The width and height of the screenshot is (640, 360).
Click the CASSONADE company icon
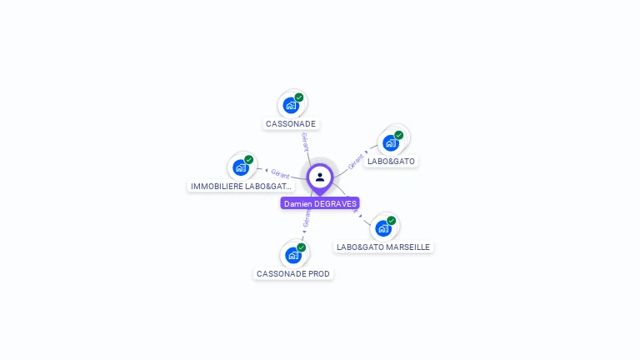[291, 106]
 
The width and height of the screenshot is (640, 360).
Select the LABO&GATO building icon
[390, 142]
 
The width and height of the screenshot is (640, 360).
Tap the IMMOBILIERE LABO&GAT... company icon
[241, 167]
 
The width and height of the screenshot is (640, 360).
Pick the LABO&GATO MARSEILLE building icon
[382, 228]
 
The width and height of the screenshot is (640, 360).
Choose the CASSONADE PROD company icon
[292, 255]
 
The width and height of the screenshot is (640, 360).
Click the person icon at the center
[320, 177]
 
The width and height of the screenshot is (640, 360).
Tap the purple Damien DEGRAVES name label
[320, 203]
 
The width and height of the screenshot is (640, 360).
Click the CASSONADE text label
[291, 124]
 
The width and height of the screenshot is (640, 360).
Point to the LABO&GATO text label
[391, 161]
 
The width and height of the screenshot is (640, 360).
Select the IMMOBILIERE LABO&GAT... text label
[241, 187]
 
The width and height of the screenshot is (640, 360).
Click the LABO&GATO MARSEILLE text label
[383, 247]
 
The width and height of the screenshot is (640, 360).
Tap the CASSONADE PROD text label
[293, 274]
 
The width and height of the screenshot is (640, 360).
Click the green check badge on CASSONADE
[299, 97]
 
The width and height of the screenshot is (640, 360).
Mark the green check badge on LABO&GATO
[398, 135]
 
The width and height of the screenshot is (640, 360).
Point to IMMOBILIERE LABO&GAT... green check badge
[248, 160]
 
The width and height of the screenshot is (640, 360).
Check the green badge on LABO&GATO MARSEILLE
[391, 221]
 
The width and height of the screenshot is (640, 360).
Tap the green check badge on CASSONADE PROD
[301, 247]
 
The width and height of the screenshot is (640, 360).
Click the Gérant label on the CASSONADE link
[305, 142]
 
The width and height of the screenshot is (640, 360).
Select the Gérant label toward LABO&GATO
[357, 160]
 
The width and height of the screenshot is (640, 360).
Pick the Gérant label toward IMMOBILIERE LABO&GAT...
[280, 174]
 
